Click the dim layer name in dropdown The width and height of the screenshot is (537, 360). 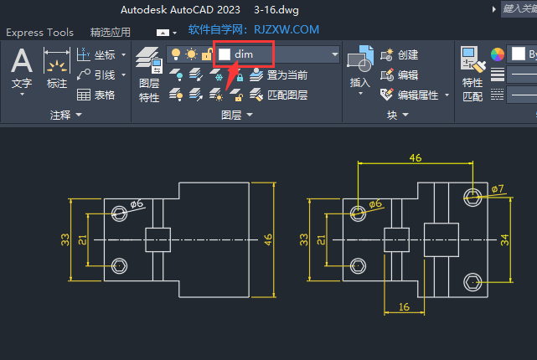tap(244, 54)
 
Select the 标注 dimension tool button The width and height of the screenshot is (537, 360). tap(57, 67)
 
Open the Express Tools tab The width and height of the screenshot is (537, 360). tap(39, 33)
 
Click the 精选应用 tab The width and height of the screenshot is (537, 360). tap(111, 33)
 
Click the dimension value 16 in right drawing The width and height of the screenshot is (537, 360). tap(404, 307)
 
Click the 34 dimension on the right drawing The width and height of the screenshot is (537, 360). tap(504, 239)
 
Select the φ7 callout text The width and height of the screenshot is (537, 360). tap(498, 188)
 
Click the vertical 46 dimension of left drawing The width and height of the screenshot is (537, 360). tap(268, 239)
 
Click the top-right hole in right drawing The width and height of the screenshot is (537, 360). tap(473, 196)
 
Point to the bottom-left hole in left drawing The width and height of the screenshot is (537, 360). tap(120, 266)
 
